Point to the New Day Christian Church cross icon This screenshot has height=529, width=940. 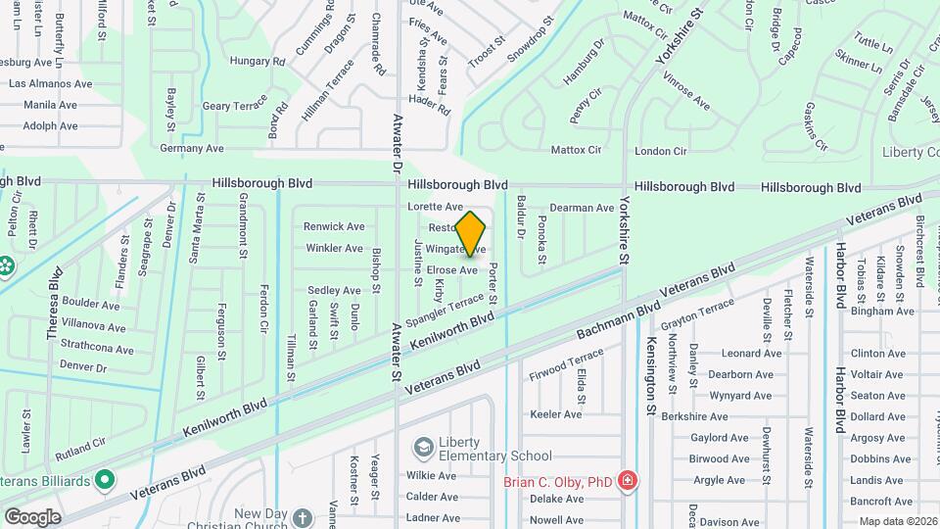pos(303,516)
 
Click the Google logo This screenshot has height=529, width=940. pos(32,516)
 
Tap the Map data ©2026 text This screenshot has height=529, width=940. pos(897,521)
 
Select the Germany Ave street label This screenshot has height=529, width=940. pos(192,149)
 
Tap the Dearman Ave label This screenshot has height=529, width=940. pos(582,208)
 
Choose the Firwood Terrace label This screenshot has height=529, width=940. pos(567,366)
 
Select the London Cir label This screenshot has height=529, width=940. pos(661,151)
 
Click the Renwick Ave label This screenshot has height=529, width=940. pos(334,226)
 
